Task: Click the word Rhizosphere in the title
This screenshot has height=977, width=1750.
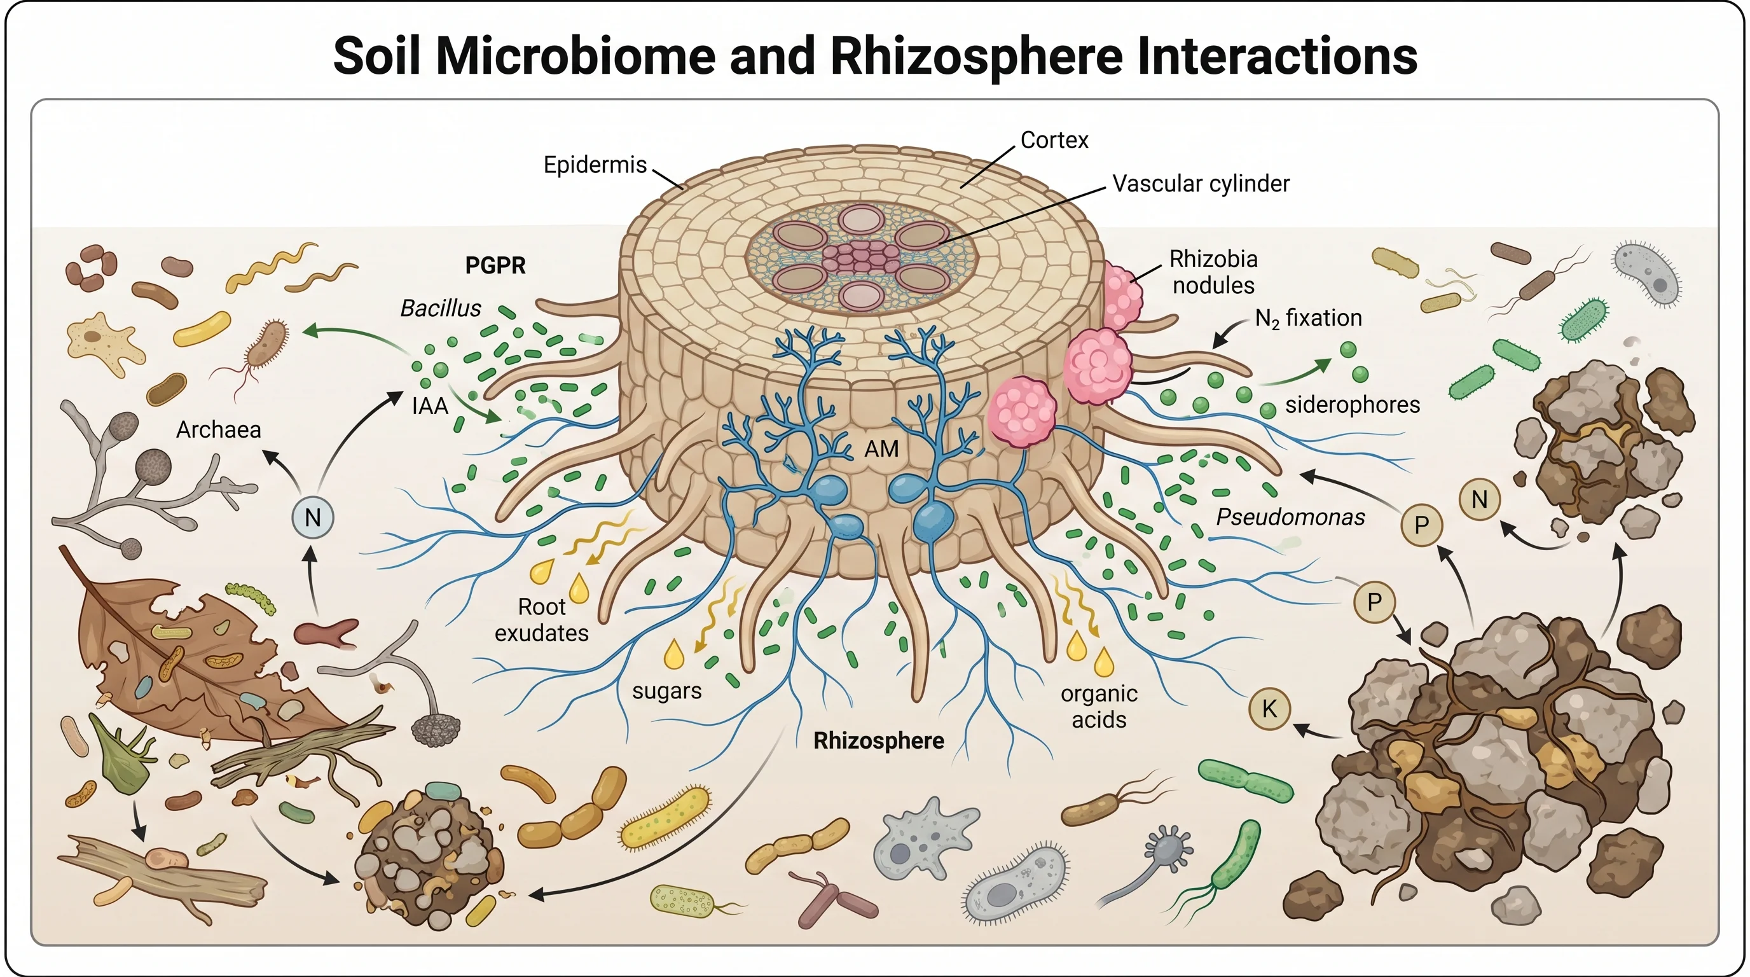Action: pyautogui.click(x=976, y=56)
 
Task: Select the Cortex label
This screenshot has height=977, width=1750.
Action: pyautogui.click(x=1054, y=140)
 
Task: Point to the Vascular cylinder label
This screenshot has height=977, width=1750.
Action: pyautogui.click(x=1201, y=183)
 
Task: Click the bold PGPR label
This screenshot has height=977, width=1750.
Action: pyautogui.click(x=495, y=266)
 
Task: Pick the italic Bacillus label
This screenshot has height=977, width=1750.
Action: pyautogui.click(x=440, y=308)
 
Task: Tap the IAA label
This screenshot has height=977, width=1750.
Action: pyautogui.click(x=429, y=406)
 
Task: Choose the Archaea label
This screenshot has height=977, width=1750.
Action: pyautogui.click(x=218, y=429)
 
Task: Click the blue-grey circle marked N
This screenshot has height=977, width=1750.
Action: pyautogui.click(x=312, y=518)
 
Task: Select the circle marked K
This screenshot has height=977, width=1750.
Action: pyautogui.click(x=1269, y=709)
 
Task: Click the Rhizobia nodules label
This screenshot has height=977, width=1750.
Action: pyautogui.click(x=1213, y=272)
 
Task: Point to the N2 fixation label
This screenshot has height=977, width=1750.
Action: pyautogui.click(x=1308, y=318)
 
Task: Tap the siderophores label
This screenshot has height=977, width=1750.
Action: pyautogui.click(x=1352, y=405)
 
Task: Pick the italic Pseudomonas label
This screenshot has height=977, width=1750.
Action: pyautogui.click(x=1290, y=518)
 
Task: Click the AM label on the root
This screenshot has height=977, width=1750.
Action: pyautogui.click(x=881, y=448)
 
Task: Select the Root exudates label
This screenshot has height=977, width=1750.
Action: pyautogui.click(x=541, y=620)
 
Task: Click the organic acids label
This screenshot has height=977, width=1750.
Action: pyautogui.click(x=1098, y=706)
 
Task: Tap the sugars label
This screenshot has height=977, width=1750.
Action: pyautogui.click(x=666, y=691)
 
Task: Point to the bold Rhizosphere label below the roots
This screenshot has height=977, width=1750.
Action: pyautogui.click(x=878, y=740)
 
